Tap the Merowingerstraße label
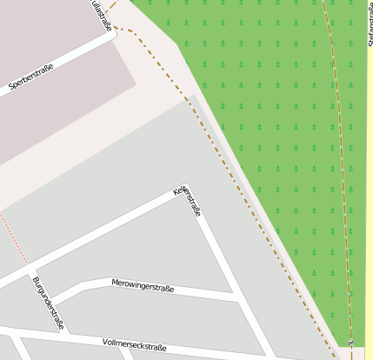point(143,286)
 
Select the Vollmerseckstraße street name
point(134,345)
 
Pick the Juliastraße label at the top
point(101,15)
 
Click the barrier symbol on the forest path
point(350,343)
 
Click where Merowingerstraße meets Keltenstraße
point(236,298)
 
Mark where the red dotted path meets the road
point(27,264)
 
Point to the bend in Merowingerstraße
point(82,284)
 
